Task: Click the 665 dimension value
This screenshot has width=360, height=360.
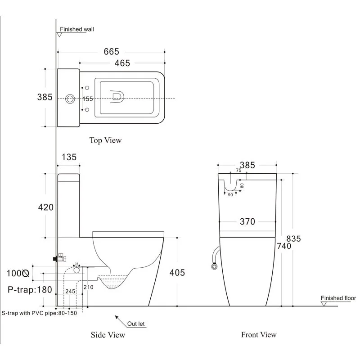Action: pyautogui.click(x=112, y=52)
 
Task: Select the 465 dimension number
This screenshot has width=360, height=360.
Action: pyautogui.click(x=122, y=63)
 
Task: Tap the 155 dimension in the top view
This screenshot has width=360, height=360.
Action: pyautogui.click(x=88, y=99)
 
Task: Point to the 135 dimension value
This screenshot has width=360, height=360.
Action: pyautogui.click(x=68, y=157)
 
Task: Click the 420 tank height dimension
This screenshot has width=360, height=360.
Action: pyautogui.click(x=45, y=207)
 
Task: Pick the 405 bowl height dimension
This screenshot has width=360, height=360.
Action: pyautogui.click(x=177, y=273)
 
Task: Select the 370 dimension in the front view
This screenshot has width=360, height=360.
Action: pyautogui.click(x=247, y=221)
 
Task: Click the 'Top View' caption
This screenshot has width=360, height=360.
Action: pyautogui.click(x=105, y=140)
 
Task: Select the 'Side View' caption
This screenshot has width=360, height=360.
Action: pyautogui.click(x=108, y=335)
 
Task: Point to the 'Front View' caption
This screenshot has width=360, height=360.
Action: pyautogui.click(x=259, y=335)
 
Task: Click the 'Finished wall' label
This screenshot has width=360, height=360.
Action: pyautogui.click(x=77, y=30)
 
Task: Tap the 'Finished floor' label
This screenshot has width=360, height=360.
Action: pyautogui.click(x=338, y=298)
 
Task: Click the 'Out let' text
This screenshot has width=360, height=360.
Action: pyautogui.click(x=136, y=324)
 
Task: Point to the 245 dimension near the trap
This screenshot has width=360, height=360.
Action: pyautogui.click(x=70, y=292)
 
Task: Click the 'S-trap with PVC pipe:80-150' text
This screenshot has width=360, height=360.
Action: pyautogui.click(x=39, y=313)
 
